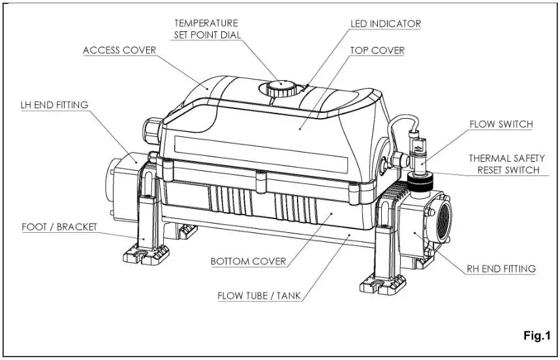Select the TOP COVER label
pos(377,50)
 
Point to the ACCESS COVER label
pos(119,50)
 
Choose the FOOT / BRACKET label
pos(59,227)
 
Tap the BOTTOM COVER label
pos(248,262)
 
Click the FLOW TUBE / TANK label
pos(260,295)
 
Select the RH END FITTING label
pos(501,268)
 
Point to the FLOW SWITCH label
pos(501,125)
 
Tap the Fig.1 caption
pos(537,336)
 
